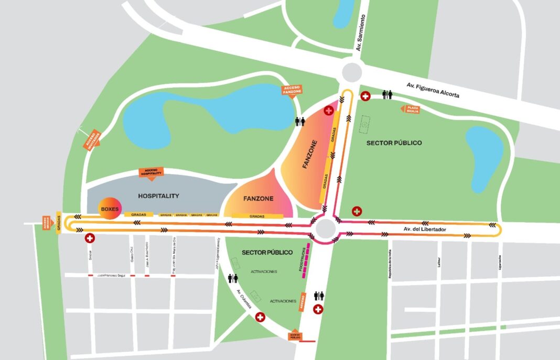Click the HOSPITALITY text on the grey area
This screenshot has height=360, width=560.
pyautogui.click(x=158, y=196)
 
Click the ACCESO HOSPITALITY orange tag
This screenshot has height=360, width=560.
pyautogui.click(x=151, y=172)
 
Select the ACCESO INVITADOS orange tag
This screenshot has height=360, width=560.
pyautogui.click(x=92, y=140)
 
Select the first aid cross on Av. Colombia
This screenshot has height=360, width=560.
pyautogui.click(x=260, y=318)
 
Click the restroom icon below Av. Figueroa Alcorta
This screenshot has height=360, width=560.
pyautogui.click(x=387, y=95)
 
